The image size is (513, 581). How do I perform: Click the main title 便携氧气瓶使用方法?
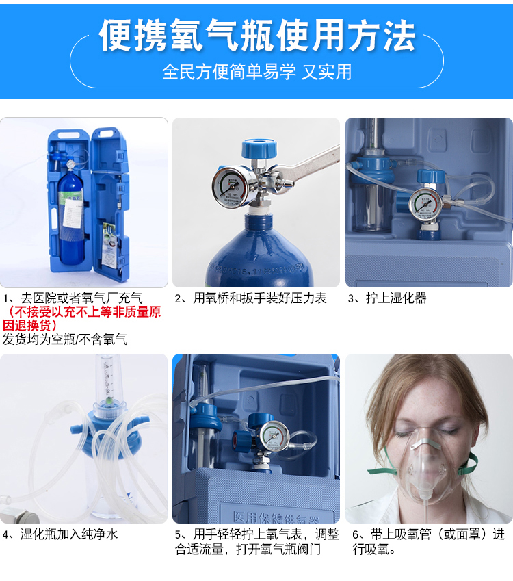click(257, 36)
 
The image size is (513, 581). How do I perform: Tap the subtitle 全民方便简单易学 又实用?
click(256, 72)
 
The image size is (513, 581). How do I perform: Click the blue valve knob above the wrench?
click(259, 149)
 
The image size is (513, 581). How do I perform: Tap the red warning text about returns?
click(81, 318)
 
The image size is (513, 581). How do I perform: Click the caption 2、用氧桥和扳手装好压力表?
click(250, 298)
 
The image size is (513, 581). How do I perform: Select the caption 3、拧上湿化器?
click(387, 298)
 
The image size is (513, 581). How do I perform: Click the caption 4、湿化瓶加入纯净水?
click(60, 534)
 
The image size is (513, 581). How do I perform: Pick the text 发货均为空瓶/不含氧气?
click(65, 339)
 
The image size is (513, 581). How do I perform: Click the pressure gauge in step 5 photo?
click(274, 437)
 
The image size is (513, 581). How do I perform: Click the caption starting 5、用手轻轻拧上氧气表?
click(256, 542)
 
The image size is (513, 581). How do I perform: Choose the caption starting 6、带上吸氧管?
click(428, 542)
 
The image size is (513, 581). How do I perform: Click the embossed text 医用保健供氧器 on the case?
click(276, 517)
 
